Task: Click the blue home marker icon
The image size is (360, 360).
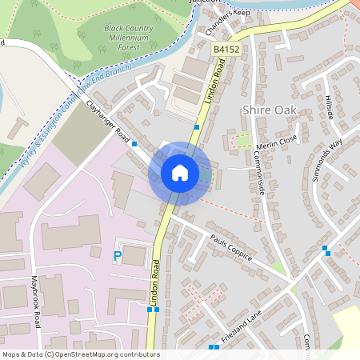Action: click(x=180, y=172)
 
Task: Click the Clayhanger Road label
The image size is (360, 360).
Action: click(x=108, y=123)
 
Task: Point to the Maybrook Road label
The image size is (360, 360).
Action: click(x=35, y=302)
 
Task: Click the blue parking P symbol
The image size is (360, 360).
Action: click(x=118, y=256)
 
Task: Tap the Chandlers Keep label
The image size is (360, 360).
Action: click(x=227, y=24)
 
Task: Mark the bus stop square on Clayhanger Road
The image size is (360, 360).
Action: click(x=134, y=144)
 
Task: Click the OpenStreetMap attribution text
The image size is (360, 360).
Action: click(x=80, y=354)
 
